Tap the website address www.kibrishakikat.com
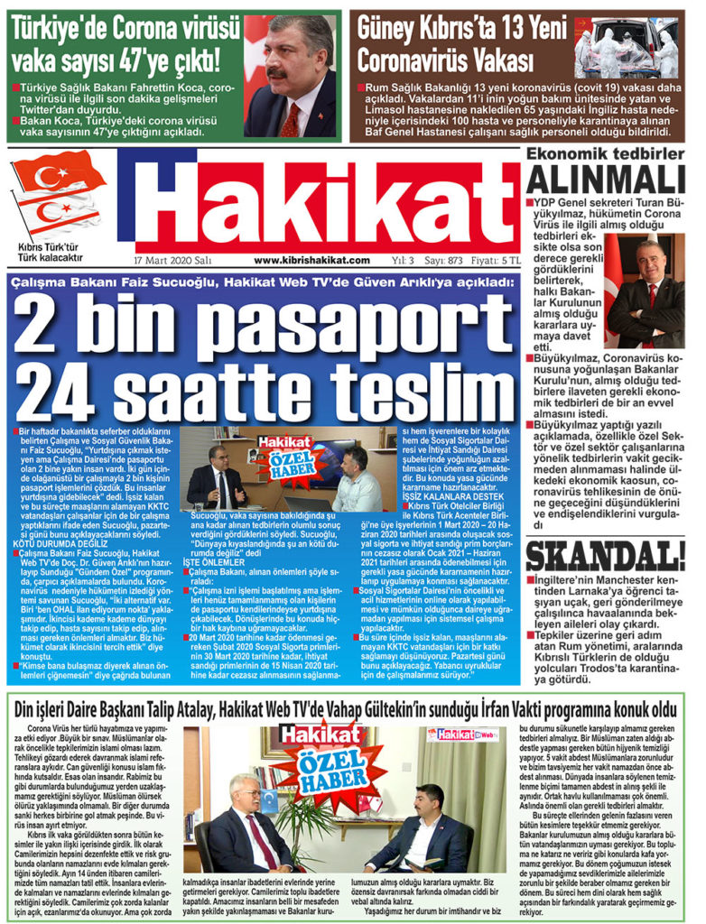pos(311,260)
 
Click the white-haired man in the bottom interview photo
pos(246,825)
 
